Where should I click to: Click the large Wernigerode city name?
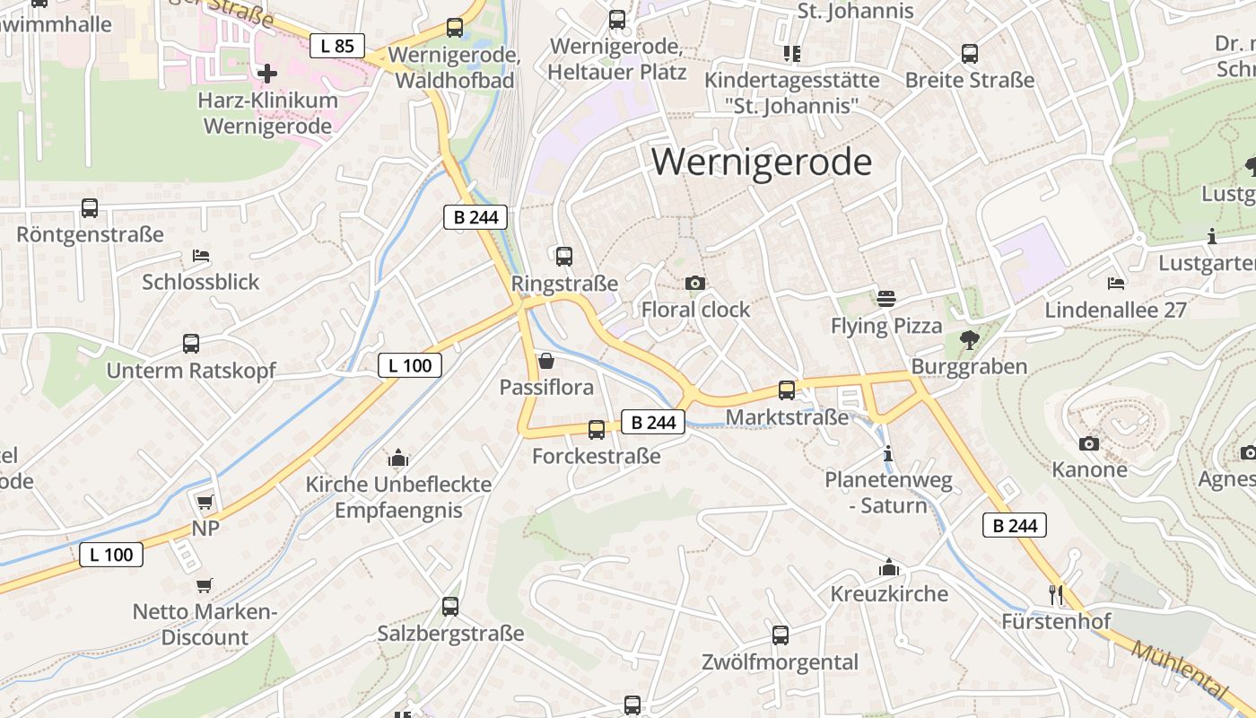[x=762, y=162]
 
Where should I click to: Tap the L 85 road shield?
[x=337, y=46]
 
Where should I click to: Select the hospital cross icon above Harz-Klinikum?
[x=267, y=73]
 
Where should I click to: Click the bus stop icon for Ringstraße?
[x=564, y=257]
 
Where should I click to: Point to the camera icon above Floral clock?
[x=695, y=284]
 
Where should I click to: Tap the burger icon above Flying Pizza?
[x=886, y=299]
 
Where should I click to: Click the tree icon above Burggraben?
[x=969, y=340]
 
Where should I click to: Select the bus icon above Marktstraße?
[x=787, y=390]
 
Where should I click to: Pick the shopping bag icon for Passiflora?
[x=546, y=361]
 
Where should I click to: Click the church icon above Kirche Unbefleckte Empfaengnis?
[x=398, y=458]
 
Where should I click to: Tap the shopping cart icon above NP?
[x=205, y=502]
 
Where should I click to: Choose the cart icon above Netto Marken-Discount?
[x=205, y=585]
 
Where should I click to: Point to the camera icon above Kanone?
[x=1089, y=443]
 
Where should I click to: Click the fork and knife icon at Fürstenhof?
[x=1056, y=594]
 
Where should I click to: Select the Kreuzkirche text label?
[x=889, y=594]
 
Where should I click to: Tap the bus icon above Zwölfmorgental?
[x=781, y=635]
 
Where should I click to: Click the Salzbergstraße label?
[x=450, y=634]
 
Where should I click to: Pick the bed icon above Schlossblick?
[x=201, y=256]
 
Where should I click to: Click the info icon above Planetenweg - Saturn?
[x=888, y=454]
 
